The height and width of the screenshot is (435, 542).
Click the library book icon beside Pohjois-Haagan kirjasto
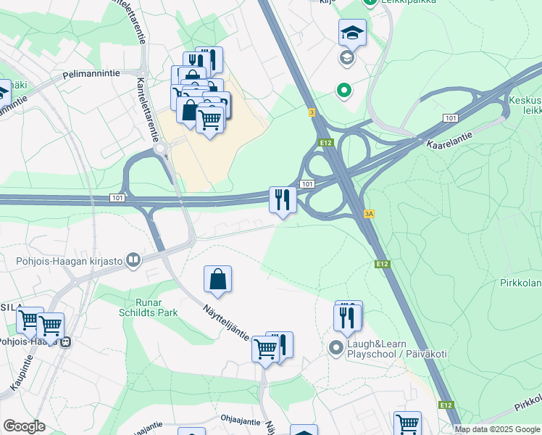(x=133, y=260)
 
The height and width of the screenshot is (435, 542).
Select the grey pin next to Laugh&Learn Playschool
(x=335, y=348)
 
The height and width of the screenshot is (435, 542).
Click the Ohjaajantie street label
(x=241, y=419)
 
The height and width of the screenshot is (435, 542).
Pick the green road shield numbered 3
(x=312, y=112)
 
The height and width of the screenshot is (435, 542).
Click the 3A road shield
(x=370, y=214)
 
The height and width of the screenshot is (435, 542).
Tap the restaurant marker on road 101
(x=282, y=200)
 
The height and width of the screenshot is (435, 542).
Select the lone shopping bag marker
(x=218, y=279)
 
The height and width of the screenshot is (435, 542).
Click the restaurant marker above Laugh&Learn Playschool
(x=348, y=316)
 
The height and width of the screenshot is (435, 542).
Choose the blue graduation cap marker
(x=352, y=32)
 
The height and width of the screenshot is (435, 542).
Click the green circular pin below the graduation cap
(x=343, y=91)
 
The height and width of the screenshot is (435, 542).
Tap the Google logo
(x=24, y=426)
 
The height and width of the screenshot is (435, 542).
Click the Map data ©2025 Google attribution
(x=497, y=429)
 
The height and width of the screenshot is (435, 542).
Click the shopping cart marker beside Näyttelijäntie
(x=265, y=350)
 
